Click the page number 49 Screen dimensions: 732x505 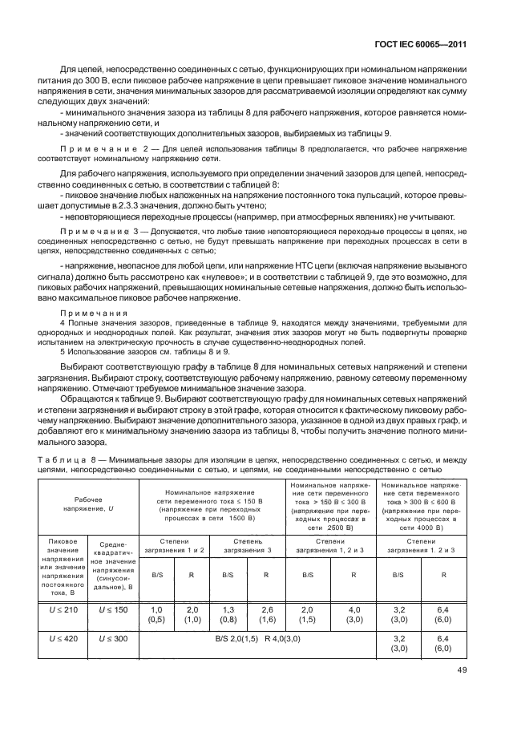tap(462, 671)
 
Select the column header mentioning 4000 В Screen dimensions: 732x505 tap(422, 505)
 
